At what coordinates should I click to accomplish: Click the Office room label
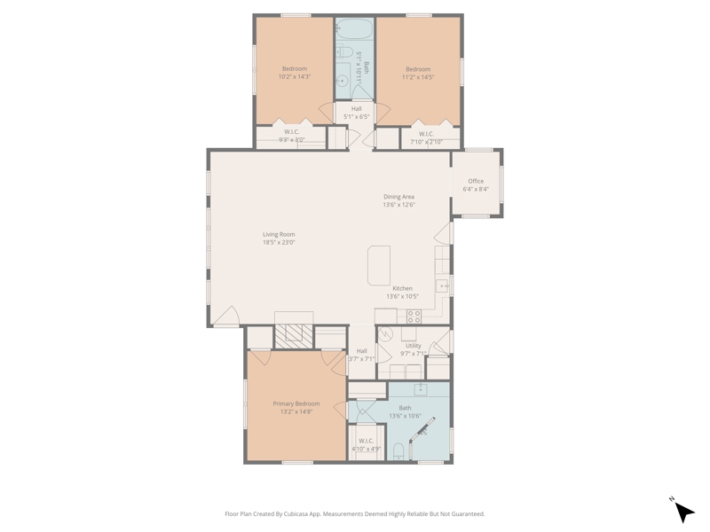476,181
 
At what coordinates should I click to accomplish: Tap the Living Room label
279,234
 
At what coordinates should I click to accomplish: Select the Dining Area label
398,197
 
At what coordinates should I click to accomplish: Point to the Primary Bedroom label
296,403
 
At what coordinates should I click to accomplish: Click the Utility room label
413,346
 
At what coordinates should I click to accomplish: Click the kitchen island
379,265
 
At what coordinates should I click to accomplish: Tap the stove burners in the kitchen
414,317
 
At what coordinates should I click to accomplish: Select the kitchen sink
441,286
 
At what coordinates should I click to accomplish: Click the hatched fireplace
294,336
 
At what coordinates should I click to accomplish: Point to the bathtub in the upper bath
354,29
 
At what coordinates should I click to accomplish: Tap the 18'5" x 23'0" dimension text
279,242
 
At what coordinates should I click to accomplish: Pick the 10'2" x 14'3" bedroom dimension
295,77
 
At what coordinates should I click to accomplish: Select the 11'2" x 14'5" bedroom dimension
418,77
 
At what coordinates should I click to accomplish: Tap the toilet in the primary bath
398,451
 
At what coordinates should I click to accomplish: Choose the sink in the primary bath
421,388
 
